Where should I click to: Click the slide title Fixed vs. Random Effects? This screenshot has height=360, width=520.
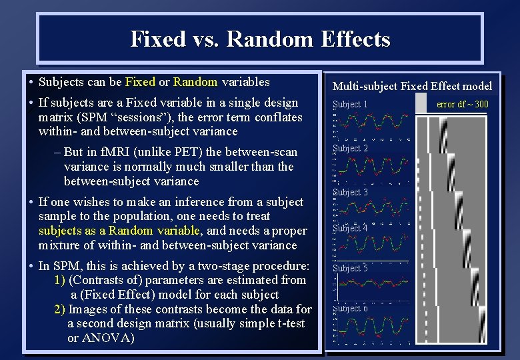coord(260,39)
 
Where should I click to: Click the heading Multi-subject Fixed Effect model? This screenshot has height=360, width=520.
coord(412,86)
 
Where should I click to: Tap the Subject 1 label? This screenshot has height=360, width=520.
coord(351,105)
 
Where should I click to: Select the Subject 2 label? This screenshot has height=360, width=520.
coord(351,149)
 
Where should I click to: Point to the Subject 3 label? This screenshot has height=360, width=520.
coord(351,193)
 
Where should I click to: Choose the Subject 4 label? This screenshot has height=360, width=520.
coord(351,228)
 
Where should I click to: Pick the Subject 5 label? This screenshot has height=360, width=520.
coord(351,269)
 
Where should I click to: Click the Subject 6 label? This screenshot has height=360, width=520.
coord(351,309)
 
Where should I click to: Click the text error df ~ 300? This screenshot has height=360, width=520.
coord(462,104)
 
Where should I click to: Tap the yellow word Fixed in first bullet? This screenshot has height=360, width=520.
coord(140,83)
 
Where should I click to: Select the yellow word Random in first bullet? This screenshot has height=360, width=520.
coord(195,83)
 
